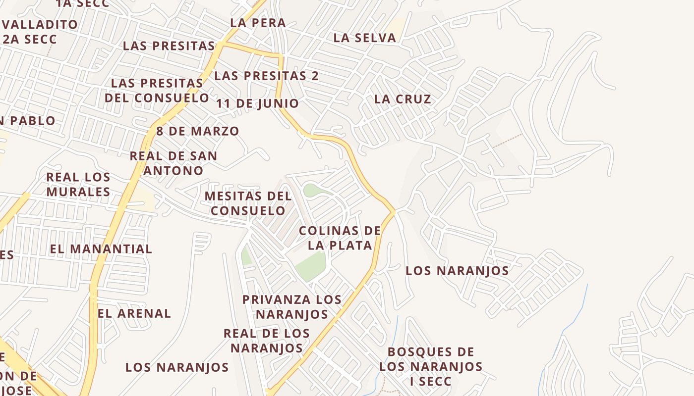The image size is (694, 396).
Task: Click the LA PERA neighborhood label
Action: coord(258,23)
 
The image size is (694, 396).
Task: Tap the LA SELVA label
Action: coord(364,38)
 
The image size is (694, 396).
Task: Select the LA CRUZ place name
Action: coord(403,99)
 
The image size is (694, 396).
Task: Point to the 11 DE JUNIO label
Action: coord(258,103)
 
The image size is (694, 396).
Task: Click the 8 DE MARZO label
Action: coord(198,131)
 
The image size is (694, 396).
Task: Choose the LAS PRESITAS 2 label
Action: coord(266,76)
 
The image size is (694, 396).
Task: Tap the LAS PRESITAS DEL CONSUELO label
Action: coord(157,90)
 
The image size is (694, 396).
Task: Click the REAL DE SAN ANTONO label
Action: coord(173,163)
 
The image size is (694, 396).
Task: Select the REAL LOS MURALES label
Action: coord(78,184)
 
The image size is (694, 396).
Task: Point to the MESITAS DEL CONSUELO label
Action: coord(248,203)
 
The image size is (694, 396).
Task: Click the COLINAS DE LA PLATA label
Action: coord(340,238)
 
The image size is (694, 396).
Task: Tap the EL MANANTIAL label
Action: coord(101,248)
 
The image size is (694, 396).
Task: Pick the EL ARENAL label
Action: coord(134,313)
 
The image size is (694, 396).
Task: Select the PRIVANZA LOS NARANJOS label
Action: coord(291,306)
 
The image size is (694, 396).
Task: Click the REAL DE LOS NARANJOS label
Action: coord(267,340)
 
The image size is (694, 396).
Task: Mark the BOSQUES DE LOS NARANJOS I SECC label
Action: coord(431,366)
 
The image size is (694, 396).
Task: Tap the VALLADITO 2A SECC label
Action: coord(40,31)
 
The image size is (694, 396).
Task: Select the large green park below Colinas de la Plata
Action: coord(311,265)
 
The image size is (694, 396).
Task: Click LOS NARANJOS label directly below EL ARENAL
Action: coord(177,367)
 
